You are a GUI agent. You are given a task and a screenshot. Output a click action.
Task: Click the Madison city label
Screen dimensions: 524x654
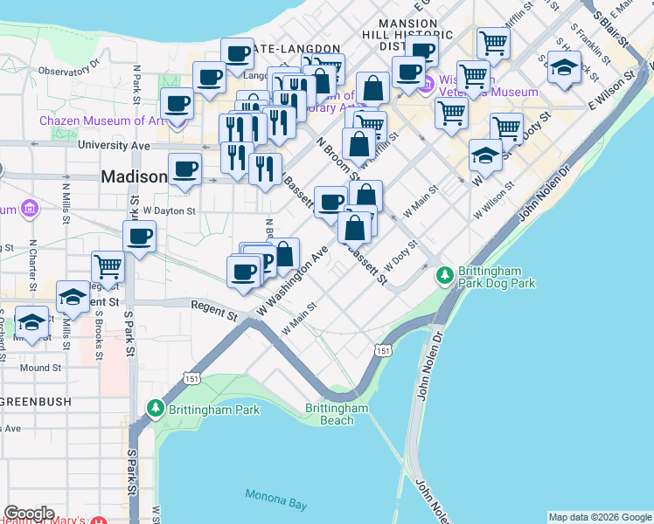[134, 176]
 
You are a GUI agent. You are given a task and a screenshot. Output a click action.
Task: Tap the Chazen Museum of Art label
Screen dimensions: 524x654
[100, 121]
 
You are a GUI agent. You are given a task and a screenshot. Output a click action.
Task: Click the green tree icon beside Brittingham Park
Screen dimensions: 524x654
[157, 408]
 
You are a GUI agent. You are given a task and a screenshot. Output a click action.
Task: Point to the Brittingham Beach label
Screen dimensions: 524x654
[337, 414]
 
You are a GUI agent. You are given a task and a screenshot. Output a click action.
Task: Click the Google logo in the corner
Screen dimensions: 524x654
[28, 514]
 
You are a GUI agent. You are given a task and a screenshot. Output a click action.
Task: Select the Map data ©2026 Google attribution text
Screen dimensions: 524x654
[600, 517]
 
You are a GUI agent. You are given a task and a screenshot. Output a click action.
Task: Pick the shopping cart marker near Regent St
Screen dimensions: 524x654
[108, 264]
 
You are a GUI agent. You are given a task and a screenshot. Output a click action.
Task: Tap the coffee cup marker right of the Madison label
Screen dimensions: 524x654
[184, 168]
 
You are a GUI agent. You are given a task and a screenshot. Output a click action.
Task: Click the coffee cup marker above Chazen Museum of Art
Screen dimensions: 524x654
[177, 102]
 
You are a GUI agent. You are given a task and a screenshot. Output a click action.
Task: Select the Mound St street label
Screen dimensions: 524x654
[40, 368]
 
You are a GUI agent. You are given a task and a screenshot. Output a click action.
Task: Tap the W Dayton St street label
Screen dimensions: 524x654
[166, 210]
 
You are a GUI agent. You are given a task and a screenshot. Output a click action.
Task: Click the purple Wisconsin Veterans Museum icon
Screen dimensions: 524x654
[428, 84]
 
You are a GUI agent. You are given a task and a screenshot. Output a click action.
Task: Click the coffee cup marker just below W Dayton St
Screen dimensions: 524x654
[140, 236]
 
